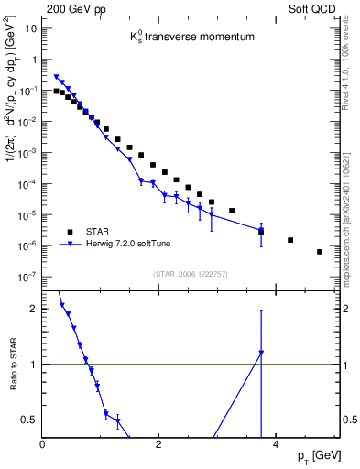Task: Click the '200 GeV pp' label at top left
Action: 70,8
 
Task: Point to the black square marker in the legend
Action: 70,231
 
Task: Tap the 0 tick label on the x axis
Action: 43,443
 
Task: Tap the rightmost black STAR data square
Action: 320,251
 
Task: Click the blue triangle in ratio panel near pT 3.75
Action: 261,353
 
